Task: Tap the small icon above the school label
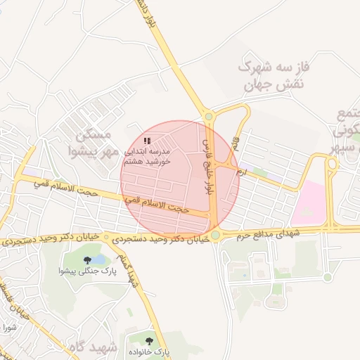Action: [147, 141]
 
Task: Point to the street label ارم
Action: [242, 171]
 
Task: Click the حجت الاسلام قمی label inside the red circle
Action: [157, 205]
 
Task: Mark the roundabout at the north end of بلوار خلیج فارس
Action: [208, 117]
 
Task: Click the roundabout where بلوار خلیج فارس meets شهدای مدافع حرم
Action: [215, 235]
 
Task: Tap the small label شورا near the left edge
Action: [8, 328]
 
